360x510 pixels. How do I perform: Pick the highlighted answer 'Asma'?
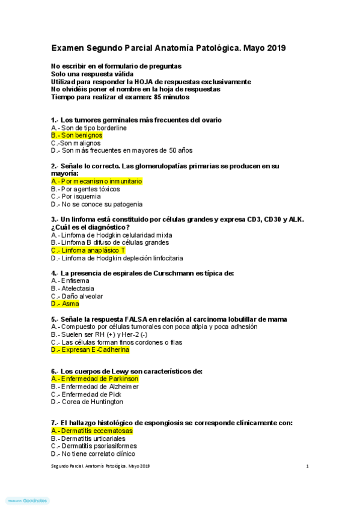70,304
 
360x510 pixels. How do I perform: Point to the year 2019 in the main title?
275,48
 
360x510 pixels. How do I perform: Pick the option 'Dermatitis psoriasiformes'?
99,446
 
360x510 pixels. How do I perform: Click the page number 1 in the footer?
307,466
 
